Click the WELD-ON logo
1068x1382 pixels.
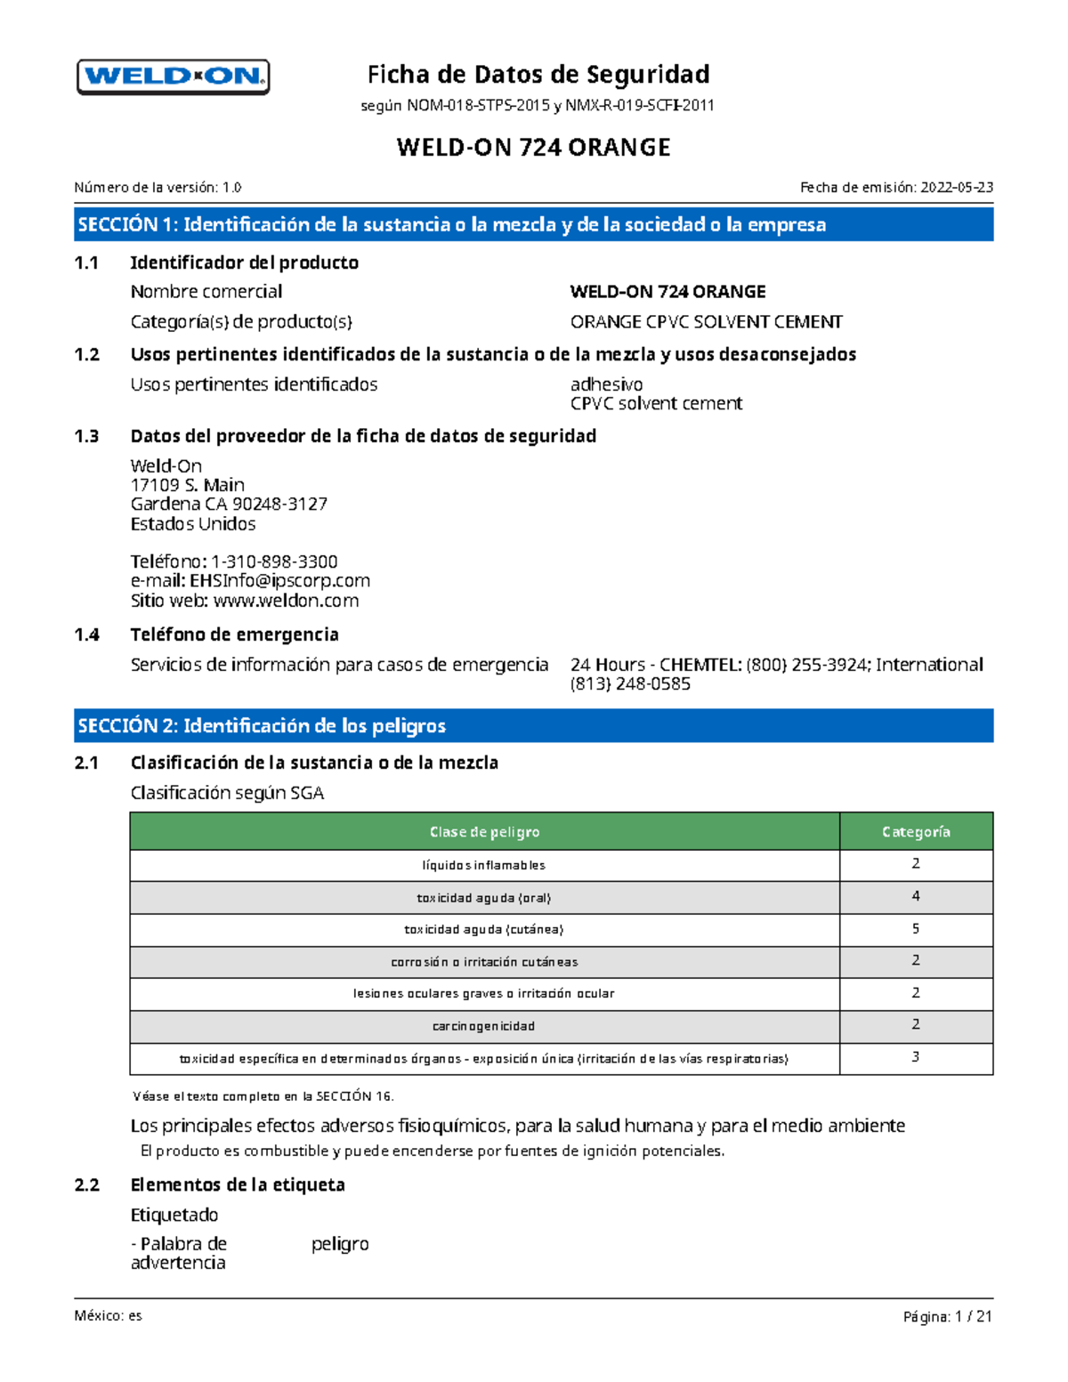point(174,77)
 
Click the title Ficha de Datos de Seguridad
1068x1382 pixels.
point(538,74)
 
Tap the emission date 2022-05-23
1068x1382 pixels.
point(957,187)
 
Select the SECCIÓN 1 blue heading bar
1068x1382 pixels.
point(534,224)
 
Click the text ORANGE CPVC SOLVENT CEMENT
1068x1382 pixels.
point(706,321)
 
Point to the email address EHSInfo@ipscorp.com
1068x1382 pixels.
point(279,580)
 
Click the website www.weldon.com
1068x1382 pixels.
point(286,601)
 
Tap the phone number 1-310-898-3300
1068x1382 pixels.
point(274,562)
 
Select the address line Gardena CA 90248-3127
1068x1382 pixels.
point(229,504)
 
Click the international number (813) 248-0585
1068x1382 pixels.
point(630,683)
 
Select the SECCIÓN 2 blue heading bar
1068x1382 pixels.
point(534,725)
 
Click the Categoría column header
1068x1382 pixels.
point(916,831)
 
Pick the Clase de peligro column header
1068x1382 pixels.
point(484,831)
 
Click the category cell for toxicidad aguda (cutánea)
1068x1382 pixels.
point(916,929)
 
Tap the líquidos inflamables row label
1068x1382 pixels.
point(484,865)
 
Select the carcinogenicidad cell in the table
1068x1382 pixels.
point(484,1026)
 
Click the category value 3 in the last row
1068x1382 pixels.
point(916,1057)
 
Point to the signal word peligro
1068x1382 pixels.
point(340,1244)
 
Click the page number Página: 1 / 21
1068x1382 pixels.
point(947,1316)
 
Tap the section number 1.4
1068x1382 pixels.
point(87,634)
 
